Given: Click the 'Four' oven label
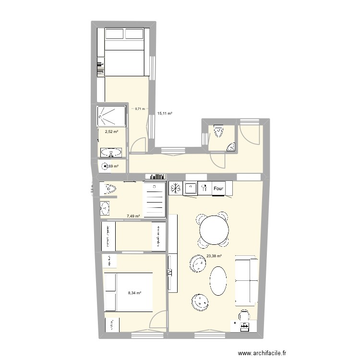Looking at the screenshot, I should tap(219, 189).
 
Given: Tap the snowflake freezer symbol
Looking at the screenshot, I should tap(175, 189).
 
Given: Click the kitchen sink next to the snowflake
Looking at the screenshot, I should tap(191, 188).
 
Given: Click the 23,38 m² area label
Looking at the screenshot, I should tap(214, 256).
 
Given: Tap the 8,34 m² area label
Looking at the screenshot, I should tap(134, 292).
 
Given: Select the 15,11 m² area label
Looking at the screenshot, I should tap(165, 114).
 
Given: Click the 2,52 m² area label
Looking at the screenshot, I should tap(105, 130).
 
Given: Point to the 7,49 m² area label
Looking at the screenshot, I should tap(133, 216).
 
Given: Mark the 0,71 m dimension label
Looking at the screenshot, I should tap(139, 109).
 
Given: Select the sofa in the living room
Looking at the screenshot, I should tap(246, 281).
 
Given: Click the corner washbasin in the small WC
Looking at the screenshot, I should tap(232, 147).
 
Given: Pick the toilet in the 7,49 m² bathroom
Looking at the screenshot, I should tap(108, 189).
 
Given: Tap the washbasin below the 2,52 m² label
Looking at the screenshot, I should tap(111, 153).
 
